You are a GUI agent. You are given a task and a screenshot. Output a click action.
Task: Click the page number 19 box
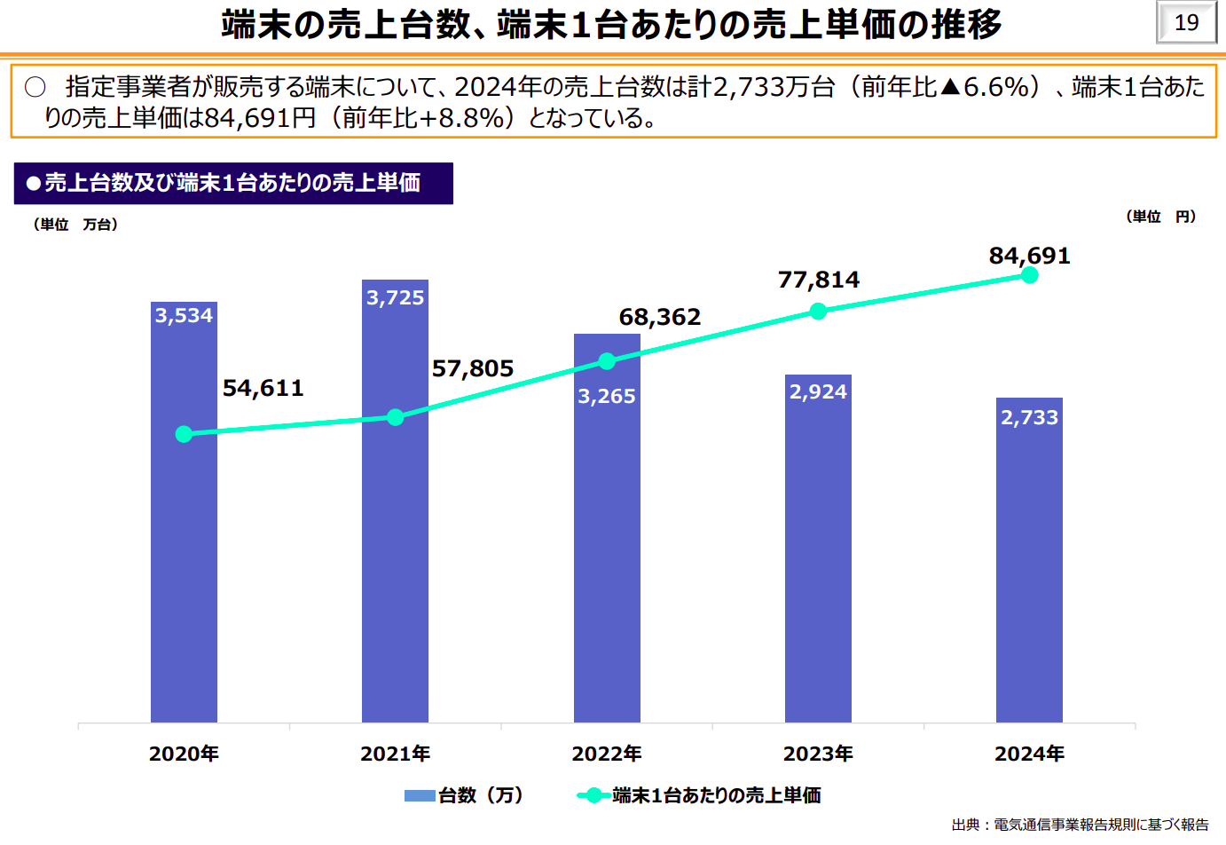1186,23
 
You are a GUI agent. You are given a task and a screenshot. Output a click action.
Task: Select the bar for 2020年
184,533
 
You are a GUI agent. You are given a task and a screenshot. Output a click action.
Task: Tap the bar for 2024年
1029,568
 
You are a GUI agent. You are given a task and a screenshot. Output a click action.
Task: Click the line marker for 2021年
396,417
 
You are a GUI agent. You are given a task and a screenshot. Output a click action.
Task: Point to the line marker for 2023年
818,311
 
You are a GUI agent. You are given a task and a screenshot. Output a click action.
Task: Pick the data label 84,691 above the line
1029,257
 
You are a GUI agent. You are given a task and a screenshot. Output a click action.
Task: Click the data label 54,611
263,388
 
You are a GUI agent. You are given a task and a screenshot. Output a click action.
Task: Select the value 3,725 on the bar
396,298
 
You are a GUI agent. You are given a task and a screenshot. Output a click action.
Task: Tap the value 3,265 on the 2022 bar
607,397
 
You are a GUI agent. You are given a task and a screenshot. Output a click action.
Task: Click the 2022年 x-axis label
607,754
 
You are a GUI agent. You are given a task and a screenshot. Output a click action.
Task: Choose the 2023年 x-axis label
818,754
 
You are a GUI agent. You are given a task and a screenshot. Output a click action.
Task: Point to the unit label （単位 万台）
75,225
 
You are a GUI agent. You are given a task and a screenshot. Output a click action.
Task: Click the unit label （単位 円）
1160,217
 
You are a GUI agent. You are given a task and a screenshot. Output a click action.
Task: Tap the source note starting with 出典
1080,825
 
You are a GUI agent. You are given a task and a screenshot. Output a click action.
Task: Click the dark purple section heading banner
233,184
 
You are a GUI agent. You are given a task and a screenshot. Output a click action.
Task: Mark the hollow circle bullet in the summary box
35,87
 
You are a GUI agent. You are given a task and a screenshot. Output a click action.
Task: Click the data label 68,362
659,317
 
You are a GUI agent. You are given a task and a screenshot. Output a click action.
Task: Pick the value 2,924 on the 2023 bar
818,392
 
